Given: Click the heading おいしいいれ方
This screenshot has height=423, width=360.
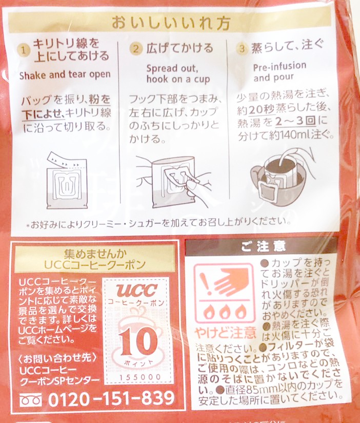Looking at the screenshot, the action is (171, 23).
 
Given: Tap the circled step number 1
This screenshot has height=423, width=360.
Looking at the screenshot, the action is (24, 50).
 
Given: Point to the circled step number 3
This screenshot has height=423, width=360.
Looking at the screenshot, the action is (242, 49).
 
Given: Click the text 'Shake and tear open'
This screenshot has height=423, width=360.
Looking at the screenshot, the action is (65, 75).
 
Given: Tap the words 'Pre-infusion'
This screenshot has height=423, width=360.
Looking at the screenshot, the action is (279, 66).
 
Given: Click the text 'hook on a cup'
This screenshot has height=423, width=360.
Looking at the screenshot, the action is (178, 79).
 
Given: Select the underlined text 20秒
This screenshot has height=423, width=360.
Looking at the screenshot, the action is (262, 110).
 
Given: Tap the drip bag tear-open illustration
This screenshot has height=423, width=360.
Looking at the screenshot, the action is (66, 180).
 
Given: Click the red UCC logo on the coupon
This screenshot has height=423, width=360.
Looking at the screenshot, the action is (136, 290).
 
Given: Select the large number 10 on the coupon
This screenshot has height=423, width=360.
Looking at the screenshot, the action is (138, 341).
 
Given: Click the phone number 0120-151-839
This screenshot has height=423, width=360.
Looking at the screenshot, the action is (111, 398).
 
